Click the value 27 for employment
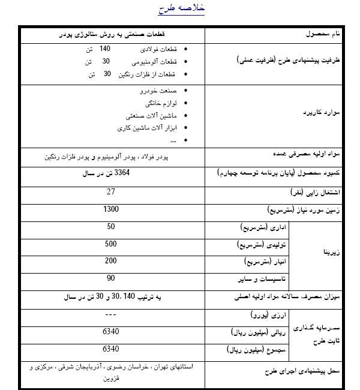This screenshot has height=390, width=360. pos(110,191)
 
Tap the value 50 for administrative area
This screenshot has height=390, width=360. pos(111,226)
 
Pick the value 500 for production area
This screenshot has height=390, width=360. pos(111,244)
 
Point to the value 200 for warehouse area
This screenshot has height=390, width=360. pos(111,261)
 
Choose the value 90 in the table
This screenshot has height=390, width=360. pos(111,278)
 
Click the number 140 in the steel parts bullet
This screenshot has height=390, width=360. pos(106,48)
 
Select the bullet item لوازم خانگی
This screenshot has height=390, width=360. pos(159,103)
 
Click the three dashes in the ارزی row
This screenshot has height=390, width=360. pos(110,314)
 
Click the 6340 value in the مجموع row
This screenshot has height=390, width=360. pos(111,349)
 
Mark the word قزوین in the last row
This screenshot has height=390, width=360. pos(111,379)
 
